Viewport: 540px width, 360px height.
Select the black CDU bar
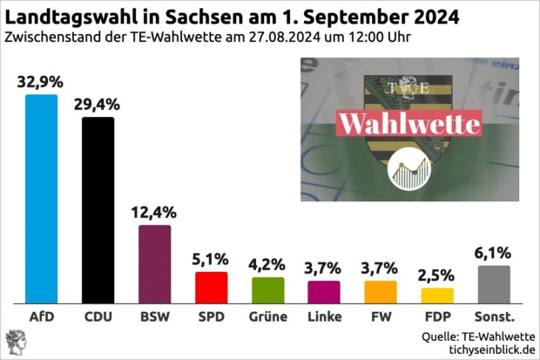[x=98, y=209]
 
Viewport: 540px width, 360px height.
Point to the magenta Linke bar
[x=324, y=291]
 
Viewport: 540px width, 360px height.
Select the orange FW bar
[x=381, y=291]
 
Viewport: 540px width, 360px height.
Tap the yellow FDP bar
[x=437, y=295]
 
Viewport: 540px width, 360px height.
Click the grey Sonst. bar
[x=494, y=284]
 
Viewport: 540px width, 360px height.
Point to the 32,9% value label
[x=41, y=82]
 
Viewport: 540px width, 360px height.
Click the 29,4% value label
[x=98, y=105]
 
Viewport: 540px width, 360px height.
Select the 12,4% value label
[x=154, y=212]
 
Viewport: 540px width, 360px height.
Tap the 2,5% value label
[x=437, y=275]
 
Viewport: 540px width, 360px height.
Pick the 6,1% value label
[x=494, y=253]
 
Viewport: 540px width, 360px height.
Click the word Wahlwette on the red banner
[x=408, y=123]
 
